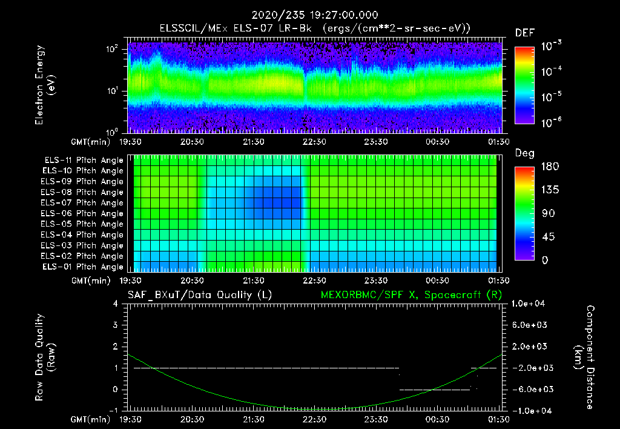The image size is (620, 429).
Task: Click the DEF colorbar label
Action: tap(524, 33)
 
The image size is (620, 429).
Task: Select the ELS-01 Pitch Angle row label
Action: tap(82, 267)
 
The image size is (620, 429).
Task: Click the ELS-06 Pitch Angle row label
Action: tap(82, 214)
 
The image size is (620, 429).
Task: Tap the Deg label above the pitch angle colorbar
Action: tap(524, 154)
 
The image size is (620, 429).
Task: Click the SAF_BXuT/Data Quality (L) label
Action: tap(199, 295)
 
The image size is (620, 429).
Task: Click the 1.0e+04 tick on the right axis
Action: tap(530, 304)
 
